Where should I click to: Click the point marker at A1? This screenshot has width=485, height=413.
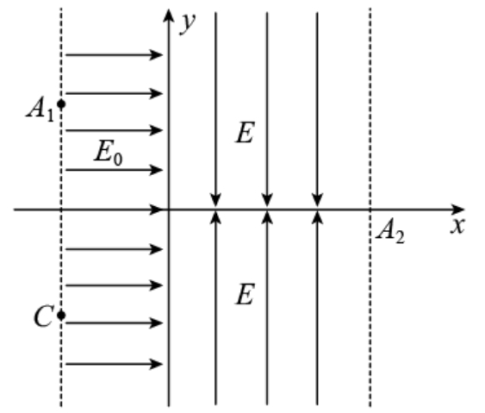coord(61,104)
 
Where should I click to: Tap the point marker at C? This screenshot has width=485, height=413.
coord(61,316)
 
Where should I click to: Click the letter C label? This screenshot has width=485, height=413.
coord(44,316)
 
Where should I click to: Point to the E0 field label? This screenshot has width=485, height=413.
coord(109,153)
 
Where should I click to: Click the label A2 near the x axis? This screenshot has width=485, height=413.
coord(390,231)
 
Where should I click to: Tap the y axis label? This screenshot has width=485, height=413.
coord(188,23)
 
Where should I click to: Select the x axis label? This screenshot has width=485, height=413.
coord(457,226)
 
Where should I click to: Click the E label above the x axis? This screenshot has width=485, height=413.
coord(246,132)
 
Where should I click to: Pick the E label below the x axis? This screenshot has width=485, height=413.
coord(246,294)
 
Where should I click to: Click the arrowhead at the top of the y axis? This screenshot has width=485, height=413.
coord(169,16)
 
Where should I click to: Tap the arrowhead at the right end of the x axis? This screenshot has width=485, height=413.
coord(457,210)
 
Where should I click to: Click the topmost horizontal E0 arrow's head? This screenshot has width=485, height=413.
coord(156,55)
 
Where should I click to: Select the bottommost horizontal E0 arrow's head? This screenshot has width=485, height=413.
coord(156,364)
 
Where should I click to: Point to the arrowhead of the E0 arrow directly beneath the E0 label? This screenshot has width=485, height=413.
coord(156,170)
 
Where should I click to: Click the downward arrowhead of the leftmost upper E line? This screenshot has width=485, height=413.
coord(215,200)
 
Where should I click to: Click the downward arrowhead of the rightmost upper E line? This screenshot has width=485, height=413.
coord(317,200)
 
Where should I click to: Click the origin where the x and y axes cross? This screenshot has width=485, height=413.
coord(169,210)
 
